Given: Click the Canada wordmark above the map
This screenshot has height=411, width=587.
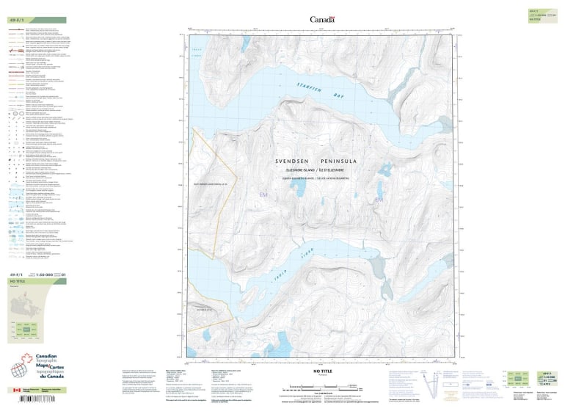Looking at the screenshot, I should (322, 20).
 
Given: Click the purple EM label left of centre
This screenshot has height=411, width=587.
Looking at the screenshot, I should (264, 194).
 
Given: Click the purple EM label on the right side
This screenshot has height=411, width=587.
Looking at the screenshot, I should (379, 200).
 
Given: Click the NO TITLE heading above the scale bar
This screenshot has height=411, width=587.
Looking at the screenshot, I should (323, 372).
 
